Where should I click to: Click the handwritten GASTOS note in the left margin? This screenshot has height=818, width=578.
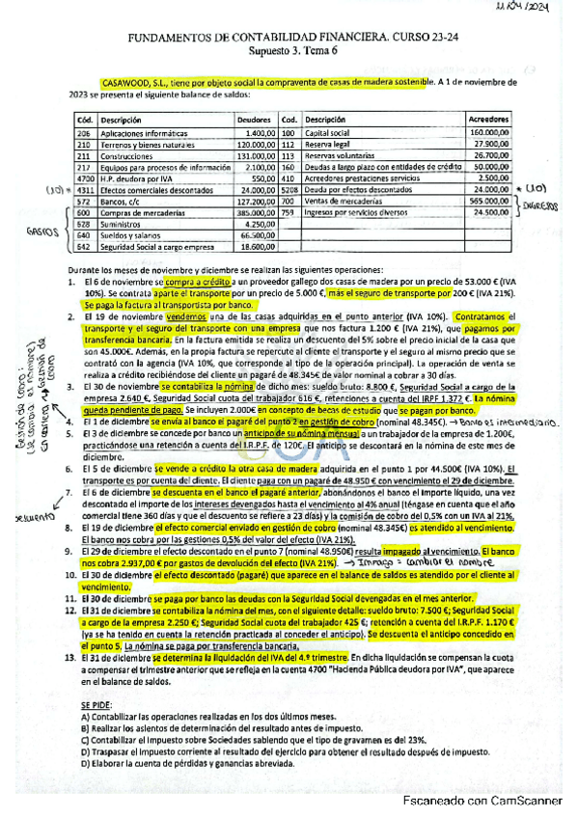click(x=39, y=232)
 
